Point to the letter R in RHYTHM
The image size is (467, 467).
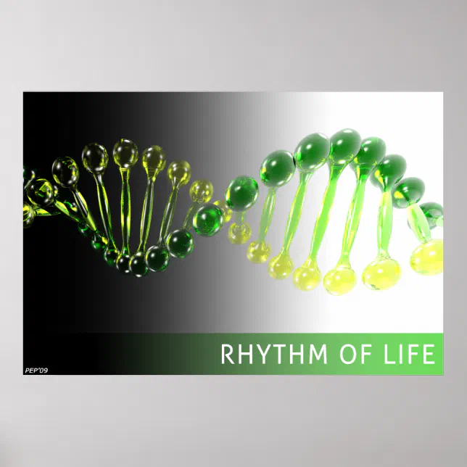[x=228, y=355]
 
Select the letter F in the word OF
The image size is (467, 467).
[x=362, y=355]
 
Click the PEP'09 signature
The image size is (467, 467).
[x=36, y=371]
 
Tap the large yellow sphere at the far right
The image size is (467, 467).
[x=426, y=255]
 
